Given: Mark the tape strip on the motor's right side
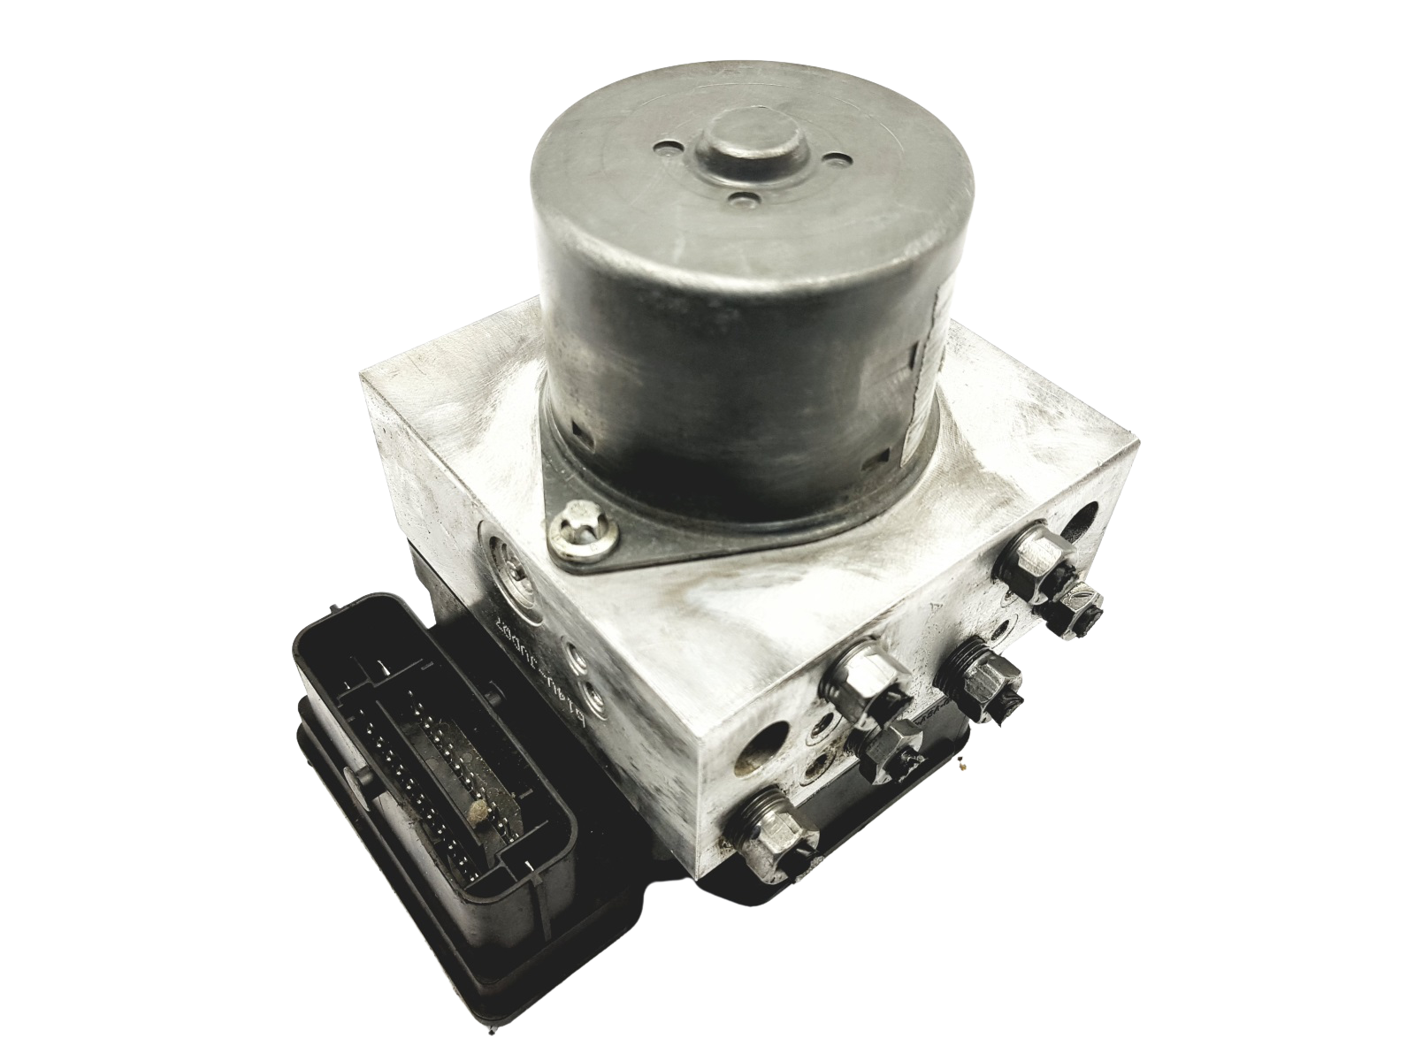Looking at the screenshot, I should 925,354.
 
